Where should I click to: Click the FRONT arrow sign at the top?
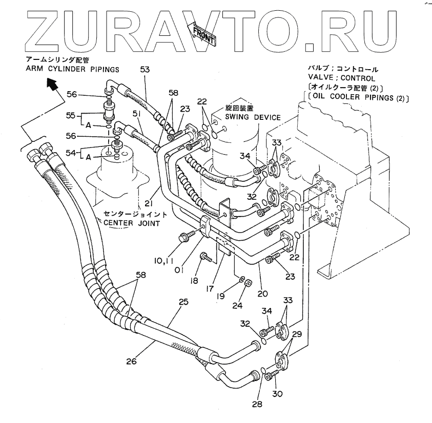[x=204, y=36]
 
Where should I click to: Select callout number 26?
[x=132, y=361]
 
